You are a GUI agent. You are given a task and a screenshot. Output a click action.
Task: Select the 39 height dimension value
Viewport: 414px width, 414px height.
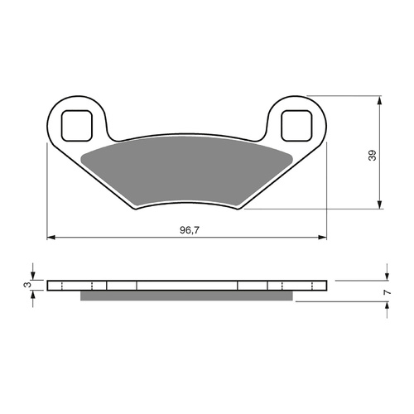tap(372, 154)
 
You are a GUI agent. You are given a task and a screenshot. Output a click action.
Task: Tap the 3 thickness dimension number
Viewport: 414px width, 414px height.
tap(27, 286)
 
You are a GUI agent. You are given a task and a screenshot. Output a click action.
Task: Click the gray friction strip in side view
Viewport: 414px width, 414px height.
tap(186, 296)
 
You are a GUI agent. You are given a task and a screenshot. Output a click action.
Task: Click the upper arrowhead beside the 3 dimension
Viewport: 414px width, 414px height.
tap(33, 276)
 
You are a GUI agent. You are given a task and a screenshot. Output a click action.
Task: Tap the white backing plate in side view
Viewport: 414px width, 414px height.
tap(186, 286)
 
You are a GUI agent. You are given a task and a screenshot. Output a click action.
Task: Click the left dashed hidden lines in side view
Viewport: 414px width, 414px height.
tap(95, 286)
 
